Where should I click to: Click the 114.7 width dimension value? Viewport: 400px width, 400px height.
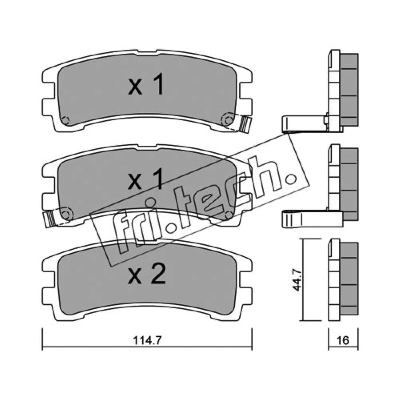click(147, 340)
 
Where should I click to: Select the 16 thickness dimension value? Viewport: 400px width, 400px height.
click(343, 340)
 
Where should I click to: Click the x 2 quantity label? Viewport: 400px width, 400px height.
click(147, 274)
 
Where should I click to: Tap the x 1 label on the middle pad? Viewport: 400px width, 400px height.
click(146, 179)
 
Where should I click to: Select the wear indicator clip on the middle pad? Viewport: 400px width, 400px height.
click(49, 219)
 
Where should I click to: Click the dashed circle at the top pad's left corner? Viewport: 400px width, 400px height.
click(65, 120)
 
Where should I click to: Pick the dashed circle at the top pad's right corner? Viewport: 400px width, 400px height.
click(227, 120)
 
